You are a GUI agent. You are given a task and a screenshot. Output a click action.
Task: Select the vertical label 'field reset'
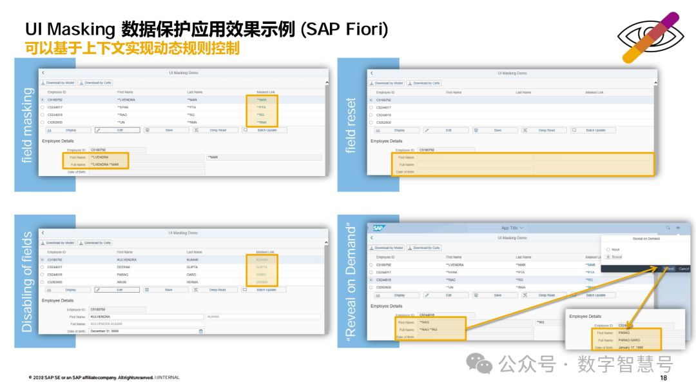(x=351, y=125)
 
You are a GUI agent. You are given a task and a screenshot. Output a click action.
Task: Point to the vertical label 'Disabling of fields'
(x=27, y=282)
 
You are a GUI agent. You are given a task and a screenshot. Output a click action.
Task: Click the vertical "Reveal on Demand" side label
(x=351, y=282)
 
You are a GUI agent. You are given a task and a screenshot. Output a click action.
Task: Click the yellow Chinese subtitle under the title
(x=132, y=48)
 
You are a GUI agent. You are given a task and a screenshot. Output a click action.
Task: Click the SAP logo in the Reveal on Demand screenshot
(x=378, y=228)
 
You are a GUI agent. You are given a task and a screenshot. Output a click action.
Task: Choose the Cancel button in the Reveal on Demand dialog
(x=684, y=268)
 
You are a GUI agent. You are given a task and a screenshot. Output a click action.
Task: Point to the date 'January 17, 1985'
(x=631, y=348)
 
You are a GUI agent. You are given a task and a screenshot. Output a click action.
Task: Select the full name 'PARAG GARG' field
(x=629, y=340)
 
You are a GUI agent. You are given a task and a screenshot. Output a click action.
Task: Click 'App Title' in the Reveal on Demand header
(x=511, y=228)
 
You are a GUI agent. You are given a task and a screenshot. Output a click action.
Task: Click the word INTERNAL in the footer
(x=168, y=378)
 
